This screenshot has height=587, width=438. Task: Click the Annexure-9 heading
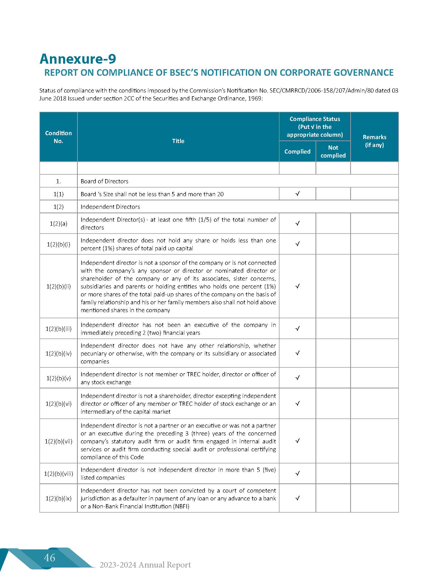click(x=78, y=59)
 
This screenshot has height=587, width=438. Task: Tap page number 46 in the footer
click(x=50, y=557)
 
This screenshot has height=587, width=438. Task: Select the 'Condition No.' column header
click(x=58, y=137)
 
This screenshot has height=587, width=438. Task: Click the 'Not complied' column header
click(x=333, y=151)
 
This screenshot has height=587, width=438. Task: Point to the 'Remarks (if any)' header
click(x=374, y=141)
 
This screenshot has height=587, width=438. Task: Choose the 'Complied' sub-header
click(x=297, y=151)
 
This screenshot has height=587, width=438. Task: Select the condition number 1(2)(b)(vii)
click(x=58, y=441)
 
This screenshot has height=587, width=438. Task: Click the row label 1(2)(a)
click(x=58, y=223)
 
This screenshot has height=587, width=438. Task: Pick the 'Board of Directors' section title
click(x=104, y=181)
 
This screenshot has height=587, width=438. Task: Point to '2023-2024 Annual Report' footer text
click(x=145, y=564)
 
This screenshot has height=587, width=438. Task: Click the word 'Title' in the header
click(x=178, y=141)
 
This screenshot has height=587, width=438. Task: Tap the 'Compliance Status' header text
click(x=315, y=119)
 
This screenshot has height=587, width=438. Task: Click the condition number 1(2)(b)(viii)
click(x=58, y=473)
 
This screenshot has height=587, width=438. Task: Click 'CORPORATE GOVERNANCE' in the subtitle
click(x=337, y=72)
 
